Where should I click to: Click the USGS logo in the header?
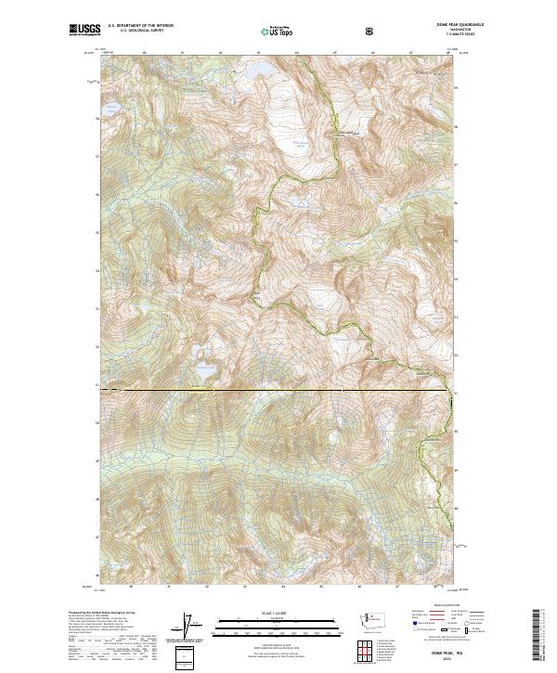[85, 30]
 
